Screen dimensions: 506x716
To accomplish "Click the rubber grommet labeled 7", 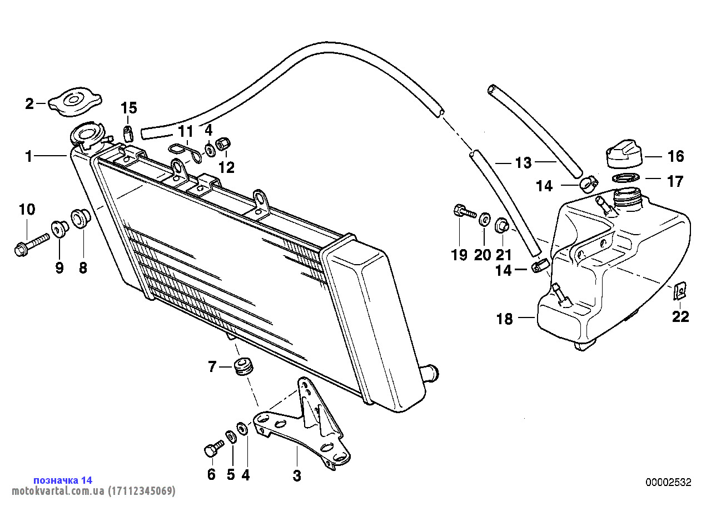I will coord(242,368).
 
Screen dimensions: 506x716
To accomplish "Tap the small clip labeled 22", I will coord(679,290).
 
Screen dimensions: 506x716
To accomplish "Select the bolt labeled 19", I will coord(464,212).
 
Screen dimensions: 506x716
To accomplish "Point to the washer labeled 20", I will coord(484,220).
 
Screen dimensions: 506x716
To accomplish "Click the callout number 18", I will coord(505,319).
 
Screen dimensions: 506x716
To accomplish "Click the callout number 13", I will coord(524,163).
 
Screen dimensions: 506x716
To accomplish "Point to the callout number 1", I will coord(29,157).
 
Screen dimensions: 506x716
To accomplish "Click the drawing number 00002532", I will coord(668,482).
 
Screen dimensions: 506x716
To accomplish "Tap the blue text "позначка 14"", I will coord(63,480).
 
